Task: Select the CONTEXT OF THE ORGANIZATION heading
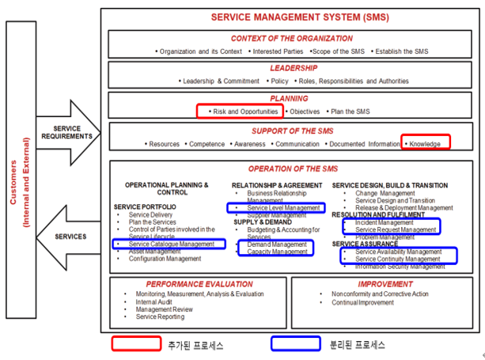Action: pyautogui.click(x=292, y=38)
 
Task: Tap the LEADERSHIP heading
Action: pyautogui.click(x=292, y=68)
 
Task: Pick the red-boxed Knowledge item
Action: pyautogui.click(x=426, y=143)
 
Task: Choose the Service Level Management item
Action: pyautogui.click(x=278, y=208)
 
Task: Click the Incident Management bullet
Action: pyautogui.click(x=385, y=222)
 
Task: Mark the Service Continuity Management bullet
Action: pyautogui.click(x=398, y=259)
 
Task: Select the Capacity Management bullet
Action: pyautogui.click(x=277, y=252)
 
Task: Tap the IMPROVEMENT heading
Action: pyautogui.click(x=385, y=283)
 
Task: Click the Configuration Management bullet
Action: pyautogui.click(x=165, y=259)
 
